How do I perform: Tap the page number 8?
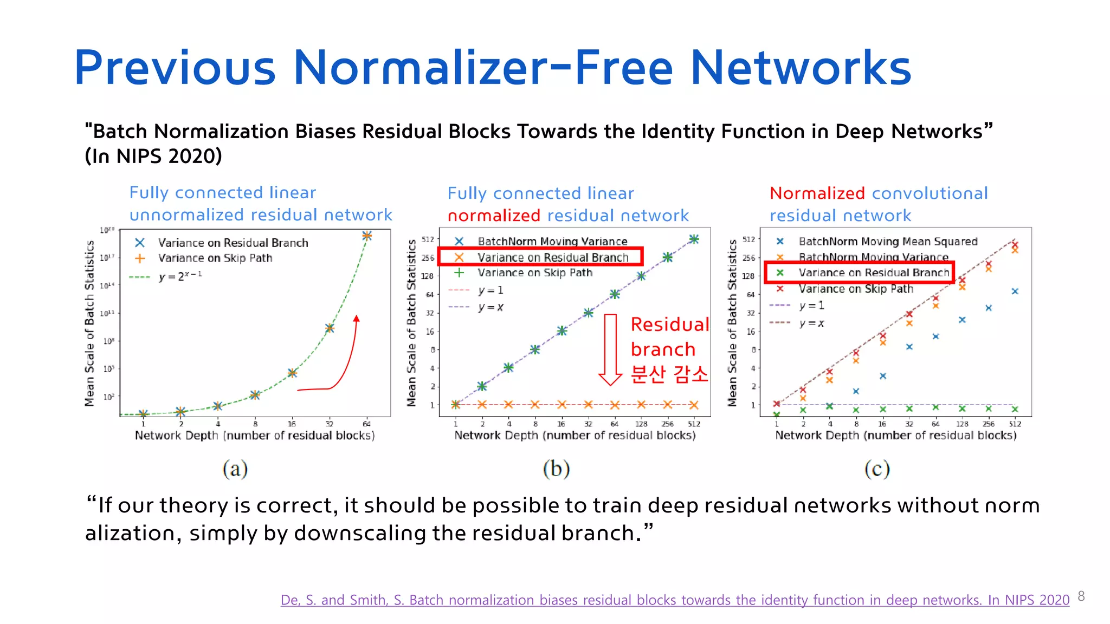tap(1081, 596)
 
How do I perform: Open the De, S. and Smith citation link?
tap(675, 600)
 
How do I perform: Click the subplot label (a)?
tap(235, 469)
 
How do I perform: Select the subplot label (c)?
tap(876, 469)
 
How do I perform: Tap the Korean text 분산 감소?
tap(669, 374)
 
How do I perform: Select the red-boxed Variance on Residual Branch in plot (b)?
tap(552, 257)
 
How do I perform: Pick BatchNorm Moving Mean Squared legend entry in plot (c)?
tap(887, 242)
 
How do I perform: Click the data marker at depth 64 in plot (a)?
tap(367, 236)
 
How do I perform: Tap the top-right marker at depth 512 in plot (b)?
tap(694, 239)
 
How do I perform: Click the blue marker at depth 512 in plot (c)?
tap(1015, 291)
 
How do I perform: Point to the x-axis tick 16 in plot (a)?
tap(292, 424)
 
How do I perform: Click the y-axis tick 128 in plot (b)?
tap(428, 276)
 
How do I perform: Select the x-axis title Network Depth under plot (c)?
tap(895, 435)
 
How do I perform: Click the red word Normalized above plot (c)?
tap(817, 193)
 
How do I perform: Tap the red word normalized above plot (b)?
tap(494, 216)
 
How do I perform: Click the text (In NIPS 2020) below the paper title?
tap(153, 157)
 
